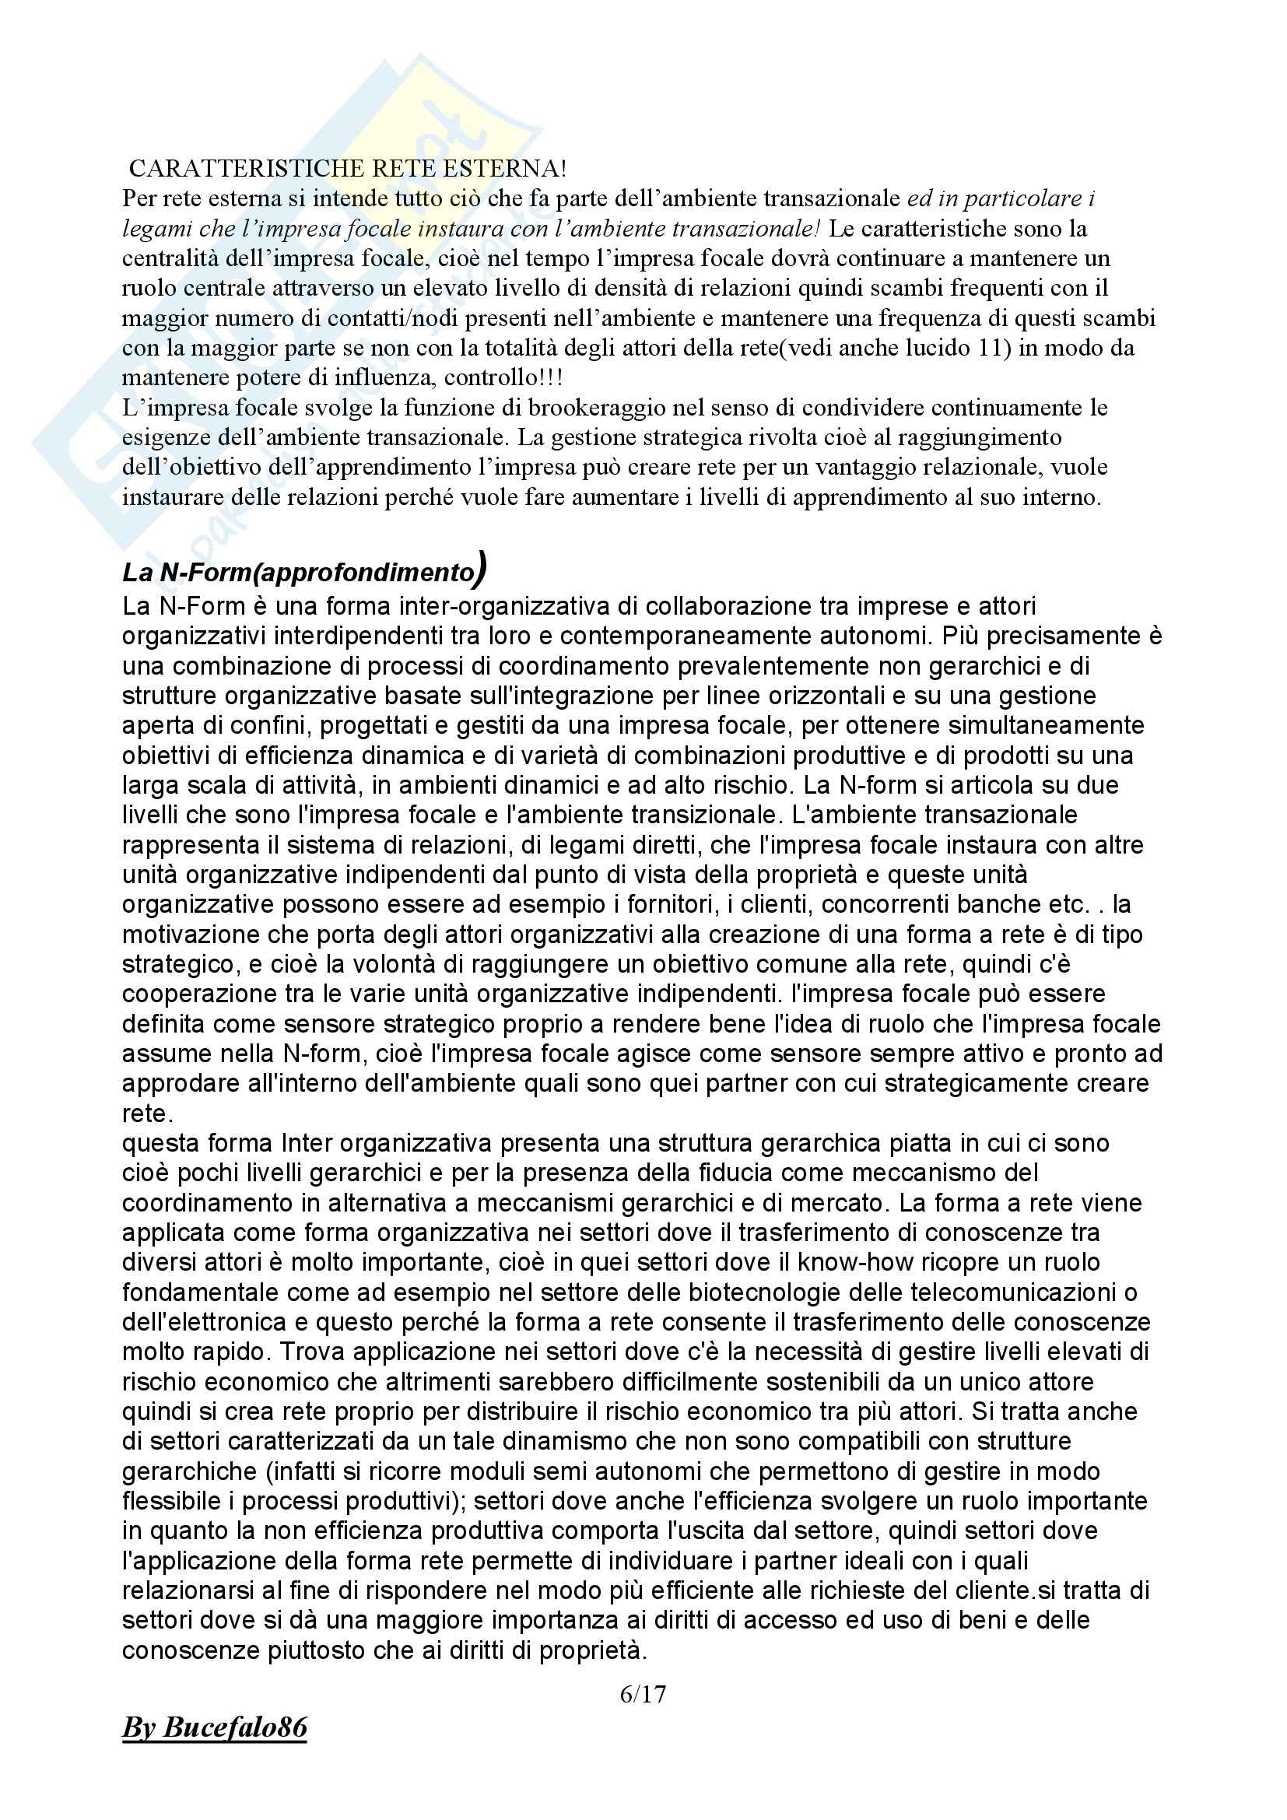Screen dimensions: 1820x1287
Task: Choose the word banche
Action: [1001, 904]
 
